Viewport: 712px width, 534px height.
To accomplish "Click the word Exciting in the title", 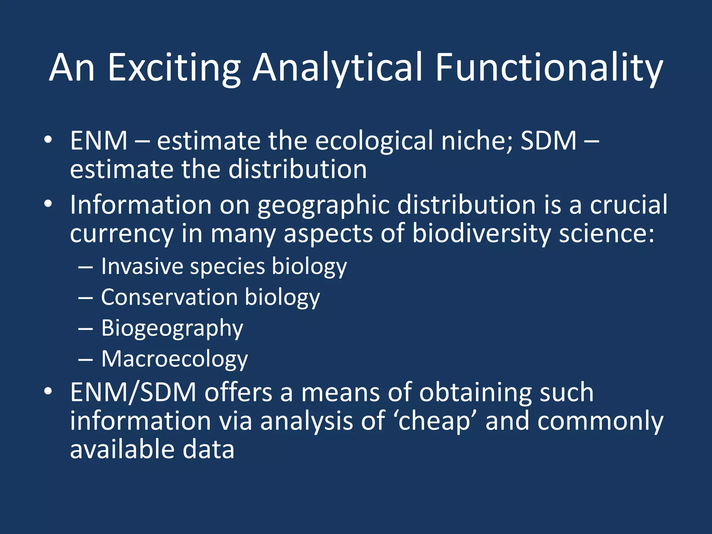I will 175,68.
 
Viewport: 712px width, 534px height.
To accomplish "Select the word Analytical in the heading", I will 337,68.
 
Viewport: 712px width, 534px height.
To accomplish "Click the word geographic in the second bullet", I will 323,205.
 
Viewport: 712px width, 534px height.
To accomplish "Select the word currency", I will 122,234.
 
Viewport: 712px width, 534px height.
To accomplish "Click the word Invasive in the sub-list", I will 142,266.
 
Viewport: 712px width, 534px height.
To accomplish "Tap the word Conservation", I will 169,297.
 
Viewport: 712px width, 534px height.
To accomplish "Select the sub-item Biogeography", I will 172,328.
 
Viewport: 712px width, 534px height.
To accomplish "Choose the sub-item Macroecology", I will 175,359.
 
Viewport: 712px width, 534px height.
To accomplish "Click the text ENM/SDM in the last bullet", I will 133,392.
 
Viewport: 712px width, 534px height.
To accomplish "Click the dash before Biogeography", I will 86,328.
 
